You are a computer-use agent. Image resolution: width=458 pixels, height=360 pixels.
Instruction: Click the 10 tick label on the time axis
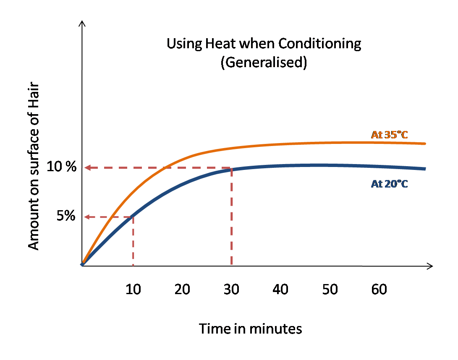click(x=133, y=290)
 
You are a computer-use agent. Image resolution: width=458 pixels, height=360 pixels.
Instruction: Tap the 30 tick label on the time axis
click(x=231, y=290)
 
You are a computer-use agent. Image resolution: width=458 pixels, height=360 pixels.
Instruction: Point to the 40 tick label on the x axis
click(x=280, y=290)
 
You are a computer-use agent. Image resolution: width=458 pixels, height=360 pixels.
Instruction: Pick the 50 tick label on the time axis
click(x=330, y=290)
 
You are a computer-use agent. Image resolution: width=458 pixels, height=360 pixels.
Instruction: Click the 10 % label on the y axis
click(x=62, y=167)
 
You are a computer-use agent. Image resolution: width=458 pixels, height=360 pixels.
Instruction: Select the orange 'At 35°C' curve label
click(x=389, y=135)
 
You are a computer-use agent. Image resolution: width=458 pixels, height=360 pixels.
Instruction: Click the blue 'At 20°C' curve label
click(x=389, y=183)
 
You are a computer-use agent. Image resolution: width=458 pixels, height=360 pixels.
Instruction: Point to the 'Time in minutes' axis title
click(x=250, y=329)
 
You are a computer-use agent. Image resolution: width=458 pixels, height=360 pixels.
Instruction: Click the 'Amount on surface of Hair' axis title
click(x=34, y=167)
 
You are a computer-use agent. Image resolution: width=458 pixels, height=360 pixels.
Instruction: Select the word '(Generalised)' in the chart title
click(x=264, y=62)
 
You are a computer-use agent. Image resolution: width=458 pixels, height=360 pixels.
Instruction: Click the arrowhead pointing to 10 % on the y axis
click(x=87, y=168)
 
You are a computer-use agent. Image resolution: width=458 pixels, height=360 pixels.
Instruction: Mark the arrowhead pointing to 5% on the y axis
click(x=87, y=217)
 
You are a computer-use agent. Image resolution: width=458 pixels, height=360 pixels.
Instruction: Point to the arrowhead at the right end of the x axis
click(x=430, y=266)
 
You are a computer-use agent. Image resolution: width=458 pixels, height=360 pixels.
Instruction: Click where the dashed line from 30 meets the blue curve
click(x=231, y=169)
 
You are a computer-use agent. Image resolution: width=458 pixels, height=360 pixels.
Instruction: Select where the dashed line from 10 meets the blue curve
click(x=133, y=216)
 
